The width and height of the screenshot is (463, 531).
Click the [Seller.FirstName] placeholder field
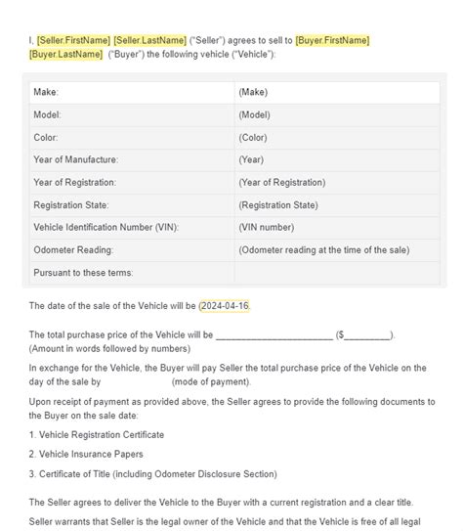73,39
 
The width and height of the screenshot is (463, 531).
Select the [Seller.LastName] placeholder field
148,39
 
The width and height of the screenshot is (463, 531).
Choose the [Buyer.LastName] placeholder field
65,54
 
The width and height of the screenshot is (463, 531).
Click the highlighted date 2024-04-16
225,306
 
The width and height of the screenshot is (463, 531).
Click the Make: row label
46,92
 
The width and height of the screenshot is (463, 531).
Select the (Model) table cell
254,114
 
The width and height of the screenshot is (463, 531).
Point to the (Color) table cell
252,137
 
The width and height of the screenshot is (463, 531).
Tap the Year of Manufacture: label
75,159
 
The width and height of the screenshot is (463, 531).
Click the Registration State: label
71,204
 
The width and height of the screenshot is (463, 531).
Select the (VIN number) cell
266,227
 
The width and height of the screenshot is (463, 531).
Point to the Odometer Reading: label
73,249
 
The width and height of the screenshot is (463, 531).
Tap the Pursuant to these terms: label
83,272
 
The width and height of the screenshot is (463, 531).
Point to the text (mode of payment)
223,381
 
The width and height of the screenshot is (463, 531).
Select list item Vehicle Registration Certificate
97,434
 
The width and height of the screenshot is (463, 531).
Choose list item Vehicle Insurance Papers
87,454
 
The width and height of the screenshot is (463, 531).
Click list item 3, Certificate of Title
152,474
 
